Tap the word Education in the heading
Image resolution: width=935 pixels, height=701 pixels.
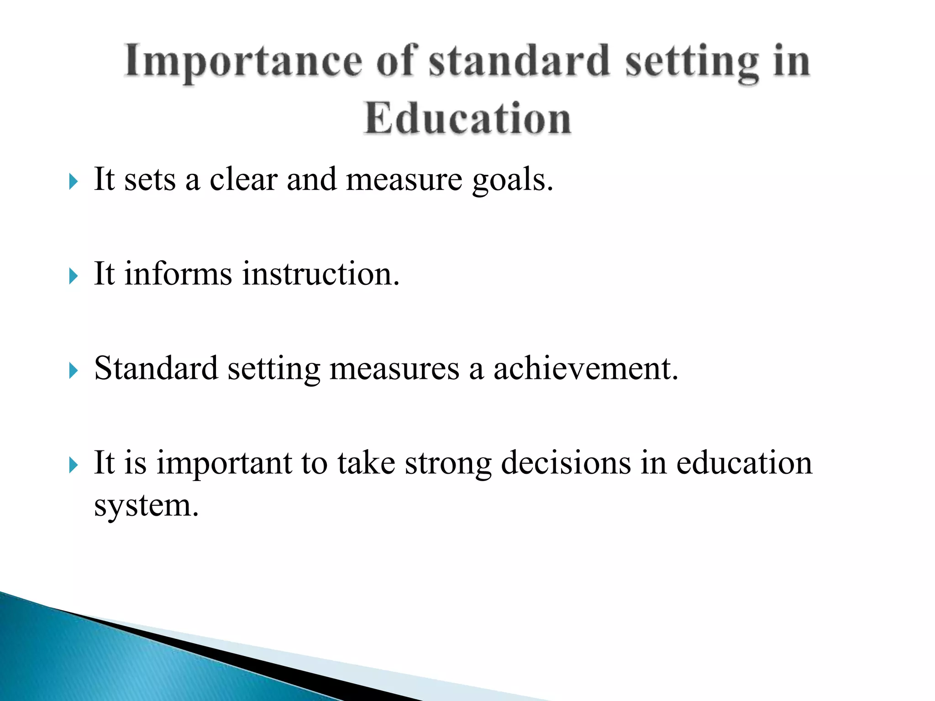point(467,118)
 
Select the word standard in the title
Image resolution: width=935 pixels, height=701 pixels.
point(519,61)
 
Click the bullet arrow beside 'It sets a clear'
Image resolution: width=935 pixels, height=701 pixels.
point(74,182)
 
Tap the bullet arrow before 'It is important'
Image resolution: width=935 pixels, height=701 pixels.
point(74,465)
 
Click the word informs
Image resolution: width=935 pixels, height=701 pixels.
point(178,274)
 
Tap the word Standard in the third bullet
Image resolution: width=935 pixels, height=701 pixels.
point(156,368)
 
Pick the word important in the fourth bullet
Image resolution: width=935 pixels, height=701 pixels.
point(224,464)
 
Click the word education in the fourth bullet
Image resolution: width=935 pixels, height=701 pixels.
point(744,463)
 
